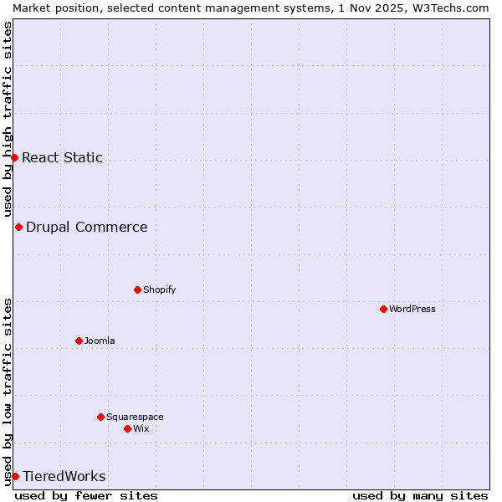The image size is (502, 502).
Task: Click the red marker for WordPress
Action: [x=383, y=309]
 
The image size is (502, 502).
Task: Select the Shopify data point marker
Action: [x=137, y=289]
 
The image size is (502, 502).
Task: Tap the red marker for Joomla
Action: [x=79, y=341]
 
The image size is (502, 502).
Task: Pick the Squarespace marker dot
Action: [x=100, y=417]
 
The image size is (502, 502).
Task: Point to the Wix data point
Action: [x=127, y=428]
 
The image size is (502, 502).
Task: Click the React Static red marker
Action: [x=14, y=157]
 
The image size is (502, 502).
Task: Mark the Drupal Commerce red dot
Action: [x=18, y=227]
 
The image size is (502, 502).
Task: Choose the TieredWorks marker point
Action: [x=15, y=476]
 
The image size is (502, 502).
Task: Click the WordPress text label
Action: [x=412, y=309]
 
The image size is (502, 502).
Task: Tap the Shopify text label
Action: [x=159, y=289]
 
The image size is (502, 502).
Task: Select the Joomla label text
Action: [x=100, y=341]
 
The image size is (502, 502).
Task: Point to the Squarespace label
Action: [x=135, y=417]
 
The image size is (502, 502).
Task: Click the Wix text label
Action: [x=141, y=428]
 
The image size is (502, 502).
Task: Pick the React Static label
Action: [x=62, y=157]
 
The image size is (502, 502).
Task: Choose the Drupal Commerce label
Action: [x=86, y=227]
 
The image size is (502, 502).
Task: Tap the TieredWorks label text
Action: [x=64, y=476]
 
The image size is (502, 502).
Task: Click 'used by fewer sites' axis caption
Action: [x=86, y=495]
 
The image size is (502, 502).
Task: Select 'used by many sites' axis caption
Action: [x=420, y=495]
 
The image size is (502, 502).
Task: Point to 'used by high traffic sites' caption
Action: [x=8, y=120]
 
